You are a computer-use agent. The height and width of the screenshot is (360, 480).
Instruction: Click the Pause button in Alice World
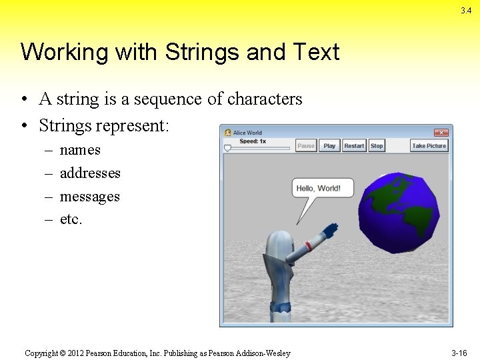click(x=306, y=146)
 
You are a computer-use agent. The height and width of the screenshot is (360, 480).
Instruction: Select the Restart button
click(x=354, y=146)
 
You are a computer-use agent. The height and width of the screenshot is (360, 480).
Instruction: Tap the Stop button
click(x=377, y=146)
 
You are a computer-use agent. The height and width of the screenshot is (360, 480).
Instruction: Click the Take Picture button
click(x=429, y=146)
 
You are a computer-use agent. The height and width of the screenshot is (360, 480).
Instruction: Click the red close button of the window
click(x=441, y=133)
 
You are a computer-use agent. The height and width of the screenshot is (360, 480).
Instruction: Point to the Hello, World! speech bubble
click(x=318, y=189)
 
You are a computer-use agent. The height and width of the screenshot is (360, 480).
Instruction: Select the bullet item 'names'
click(x=80, y=150)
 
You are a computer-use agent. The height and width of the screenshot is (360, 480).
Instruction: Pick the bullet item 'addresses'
click(x=90, y=173)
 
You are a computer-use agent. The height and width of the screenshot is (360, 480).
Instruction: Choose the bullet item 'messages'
click(x=89, y=197)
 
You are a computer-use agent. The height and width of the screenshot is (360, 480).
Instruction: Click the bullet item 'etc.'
click(x=71, y=219)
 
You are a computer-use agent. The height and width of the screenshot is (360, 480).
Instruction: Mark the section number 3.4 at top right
click(x=465, y=10)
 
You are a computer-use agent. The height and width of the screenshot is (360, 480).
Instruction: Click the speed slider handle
click(x=227, y=149)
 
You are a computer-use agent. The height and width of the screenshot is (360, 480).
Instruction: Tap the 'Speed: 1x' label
click(x=253, y=141)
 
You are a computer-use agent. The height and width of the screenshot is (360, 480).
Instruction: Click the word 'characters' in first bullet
click(x=265, y=99)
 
